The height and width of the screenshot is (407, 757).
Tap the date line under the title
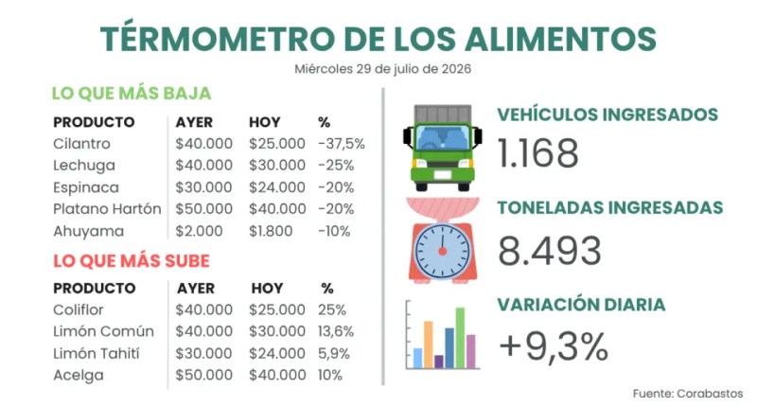click(383, 69)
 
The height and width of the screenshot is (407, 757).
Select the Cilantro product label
click(81, 143)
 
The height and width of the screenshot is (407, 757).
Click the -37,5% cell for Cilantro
click(342, 143)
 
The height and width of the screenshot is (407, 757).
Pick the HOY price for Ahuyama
click(271, 231)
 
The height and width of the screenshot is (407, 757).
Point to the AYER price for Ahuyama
click(199, 231)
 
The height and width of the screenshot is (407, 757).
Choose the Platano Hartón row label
click(107, 209)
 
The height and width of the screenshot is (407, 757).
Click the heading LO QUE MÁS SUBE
click(132, 260)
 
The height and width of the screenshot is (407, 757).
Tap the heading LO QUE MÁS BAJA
click(132, 93)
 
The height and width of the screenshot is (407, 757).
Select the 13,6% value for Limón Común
click(336, 331)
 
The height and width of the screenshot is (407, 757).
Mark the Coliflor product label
click(79, 310)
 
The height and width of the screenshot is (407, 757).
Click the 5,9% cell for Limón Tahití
click(334, 353)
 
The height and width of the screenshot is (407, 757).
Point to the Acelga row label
click(79, 375)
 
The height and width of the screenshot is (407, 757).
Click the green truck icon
click(443, 148)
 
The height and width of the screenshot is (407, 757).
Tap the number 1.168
click(537, 153)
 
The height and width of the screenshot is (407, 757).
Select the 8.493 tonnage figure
click(550, 251)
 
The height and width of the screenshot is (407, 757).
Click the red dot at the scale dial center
click(442, 251)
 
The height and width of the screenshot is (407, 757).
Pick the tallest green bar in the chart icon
click(460, 338)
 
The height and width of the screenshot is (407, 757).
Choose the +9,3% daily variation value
click(554, 346)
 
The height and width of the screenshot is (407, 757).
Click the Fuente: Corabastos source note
click(688, 394)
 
